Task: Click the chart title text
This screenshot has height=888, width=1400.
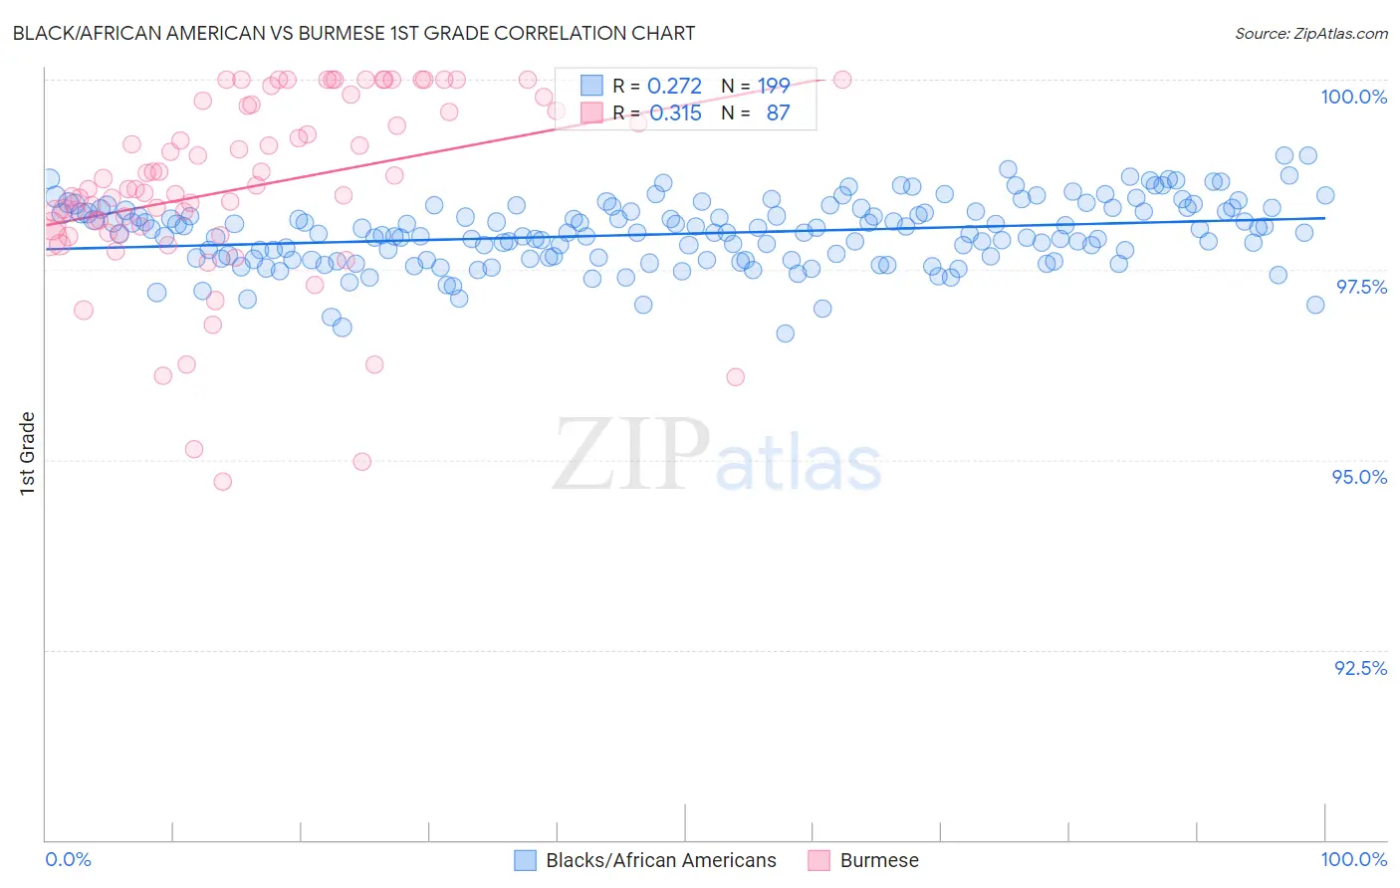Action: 353,33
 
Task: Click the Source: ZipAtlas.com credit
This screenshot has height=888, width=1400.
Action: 1310,34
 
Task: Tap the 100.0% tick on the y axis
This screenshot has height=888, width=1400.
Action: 1353,97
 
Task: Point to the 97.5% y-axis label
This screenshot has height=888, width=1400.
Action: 1360,287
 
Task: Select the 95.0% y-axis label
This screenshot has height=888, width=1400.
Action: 1359,477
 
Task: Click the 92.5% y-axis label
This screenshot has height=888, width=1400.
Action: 1360,668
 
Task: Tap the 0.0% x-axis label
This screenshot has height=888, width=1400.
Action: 68,859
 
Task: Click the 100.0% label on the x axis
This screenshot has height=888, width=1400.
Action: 1353,859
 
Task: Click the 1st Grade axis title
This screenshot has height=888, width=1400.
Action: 28,453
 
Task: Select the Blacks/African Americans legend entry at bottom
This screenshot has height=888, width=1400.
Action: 660,860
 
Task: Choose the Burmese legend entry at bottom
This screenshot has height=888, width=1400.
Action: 878,860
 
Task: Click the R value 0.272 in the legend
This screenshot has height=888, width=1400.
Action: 674,87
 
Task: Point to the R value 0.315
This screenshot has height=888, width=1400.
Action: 675,113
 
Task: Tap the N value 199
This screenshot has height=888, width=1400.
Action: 774,87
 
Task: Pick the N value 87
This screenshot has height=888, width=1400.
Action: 778,113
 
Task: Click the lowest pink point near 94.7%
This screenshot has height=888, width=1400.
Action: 223,482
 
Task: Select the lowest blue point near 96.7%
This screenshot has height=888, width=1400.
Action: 786,333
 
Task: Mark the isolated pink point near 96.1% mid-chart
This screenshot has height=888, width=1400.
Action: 736,377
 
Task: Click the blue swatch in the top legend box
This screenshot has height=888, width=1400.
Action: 591,87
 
